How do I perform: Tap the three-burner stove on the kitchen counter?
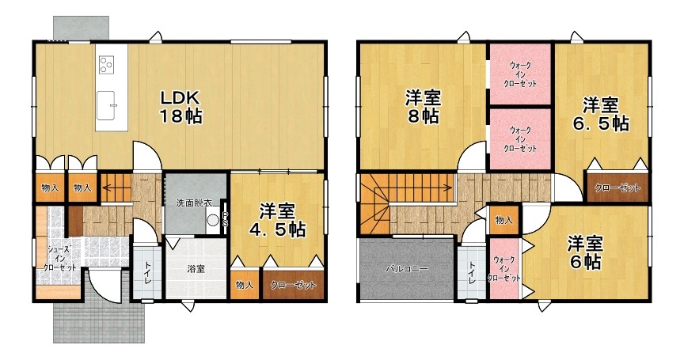(x=106, y=65)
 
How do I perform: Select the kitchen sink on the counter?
(x=106, y=105)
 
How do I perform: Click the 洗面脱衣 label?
(x=194, y=203)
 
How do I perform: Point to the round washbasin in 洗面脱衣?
(x=213, y=220)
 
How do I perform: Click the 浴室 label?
(x=196, y=269)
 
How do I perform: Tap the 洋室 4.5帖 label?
(x=277, y=220)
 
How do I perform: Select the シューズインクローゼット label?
(x=59, y=259)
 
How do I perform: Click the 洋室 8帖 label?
(x=423, y=108)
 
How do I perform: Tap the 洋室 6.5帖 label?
(x=601, y=114)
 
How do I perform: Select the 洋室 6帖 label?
(x=585, y=252)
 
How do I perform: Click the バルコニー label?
(x=407, y=269)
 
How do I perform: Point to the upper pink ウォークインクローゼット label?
(x=520, y=74)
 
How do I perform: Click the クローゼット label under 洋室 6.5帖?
(x=617, y=188)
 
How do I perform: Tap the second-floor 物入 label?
(x=503, y=220)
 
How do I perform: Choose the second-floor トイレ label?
(x=472, y=273)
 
